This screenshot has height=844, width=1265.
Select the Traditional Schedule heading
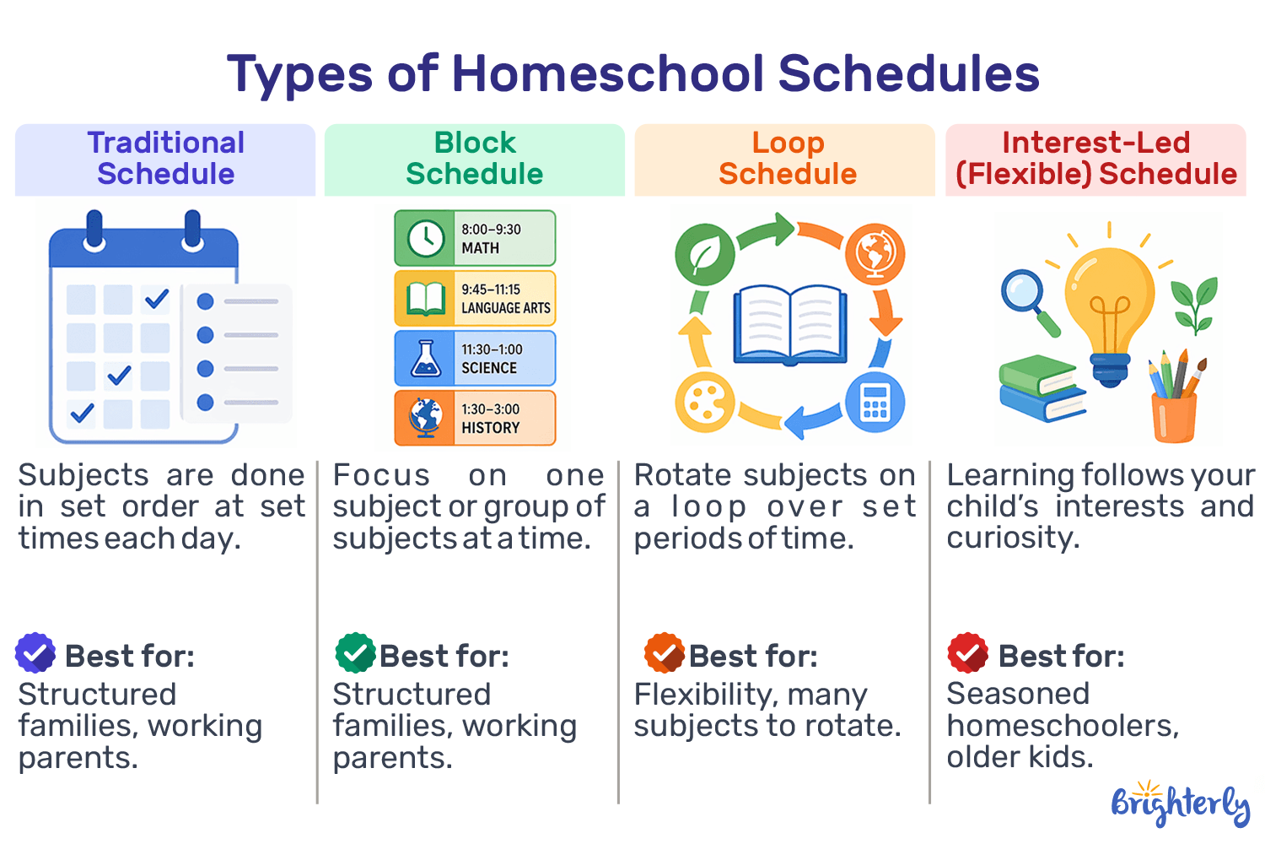click(165, 159)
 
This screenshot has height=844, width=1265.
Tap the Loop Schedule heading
click(787, 159)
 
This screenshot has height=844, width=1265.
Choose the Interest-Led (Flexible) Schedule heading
click(1095, 159)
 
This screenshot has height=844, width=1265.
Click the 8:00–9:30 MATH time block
click(475, 239)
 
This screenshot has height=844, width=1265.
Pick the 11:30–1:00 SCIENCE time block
click(475, 359)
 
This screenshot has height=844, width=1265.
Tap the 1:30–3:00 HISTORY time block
click(475, 419)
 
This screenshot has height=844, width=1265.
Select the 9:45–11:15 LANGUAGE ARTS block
click(475, 299)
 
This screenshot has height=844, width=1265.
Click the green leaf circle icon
click(704, 254)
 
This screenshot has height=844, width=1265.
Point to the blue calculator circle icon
click(875, 403)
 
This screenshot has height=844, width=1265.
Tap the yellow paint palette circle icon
click(704, 403)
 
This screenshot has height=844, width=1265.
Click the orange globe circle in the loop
click(875, 253)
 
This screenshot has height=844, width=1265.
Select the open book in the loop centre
click(789, 325)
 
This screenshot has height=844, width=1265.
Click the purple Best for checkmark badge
click(35, 653)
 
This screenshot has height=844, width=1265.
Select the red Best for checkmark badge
click(967, 653)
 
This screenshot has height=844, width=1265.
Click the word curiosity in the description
click(1012, 538)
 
